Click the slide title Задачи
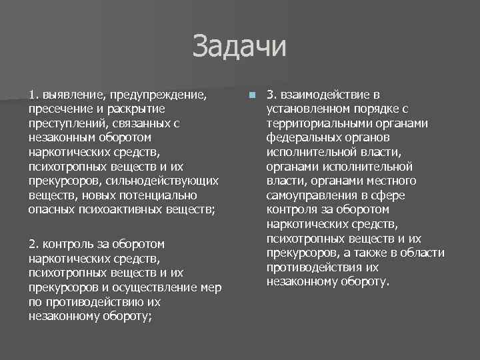click(x=239, y=47)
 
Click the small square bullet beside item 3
click(x=251, y=95)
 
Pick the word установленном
click(x=303, y=108)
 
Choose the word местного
click(x=395, y=181)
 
